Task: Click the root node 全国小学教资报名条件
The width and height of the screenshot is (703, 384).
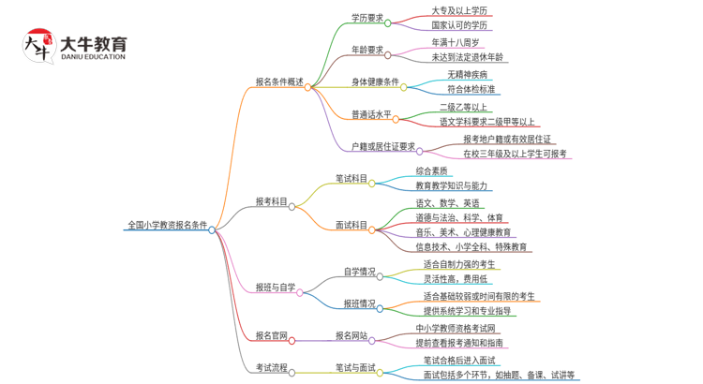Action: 167,226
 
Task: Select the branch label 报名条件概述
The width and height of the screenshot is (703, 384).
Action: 278,81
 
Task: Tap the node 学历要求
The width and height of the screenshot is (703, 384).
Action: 366,17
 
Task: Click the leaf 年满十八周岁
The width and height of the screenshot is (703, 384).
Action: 456,42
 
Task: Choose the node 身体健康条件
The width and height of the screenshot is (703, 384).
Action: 375,81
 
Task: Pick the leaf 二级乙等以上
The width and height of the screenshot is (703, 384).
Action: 463,107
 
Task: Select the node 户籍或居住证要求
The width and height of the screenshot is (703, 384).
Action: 382,146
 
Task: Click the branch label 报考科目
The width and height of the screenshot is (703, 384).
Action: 272,201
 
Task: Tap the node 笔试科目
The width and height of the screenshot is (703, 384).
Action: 351,178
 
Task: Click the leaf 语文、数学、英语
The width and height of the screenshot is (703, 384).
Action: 448,203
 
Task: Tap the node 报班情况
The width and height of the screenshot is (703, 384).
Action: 359,303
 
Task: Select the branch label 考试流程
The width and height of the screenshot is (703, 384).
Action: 272,368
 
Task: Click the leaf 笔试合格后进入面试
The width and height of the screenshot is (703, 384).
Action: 459,361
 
